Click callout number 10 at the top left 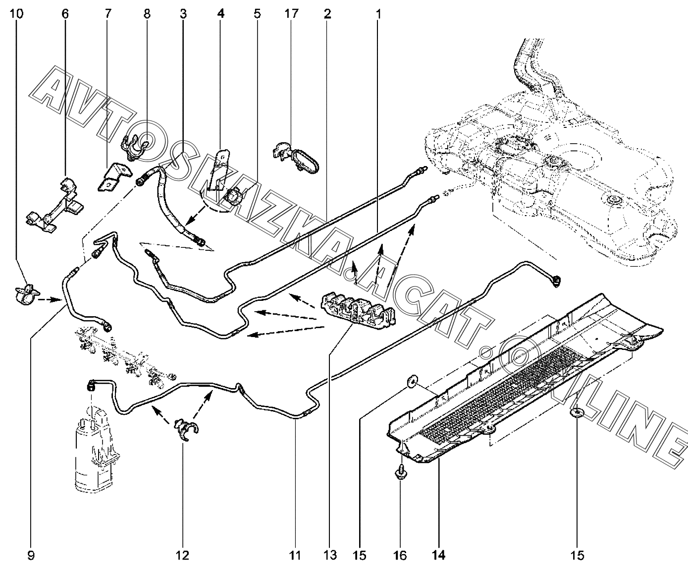[x=16, y=14]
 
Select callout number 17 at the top [x=292, y=14]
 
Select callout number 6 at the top [x=65, y=14]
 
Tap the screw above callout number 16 [x=400, y=474]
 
